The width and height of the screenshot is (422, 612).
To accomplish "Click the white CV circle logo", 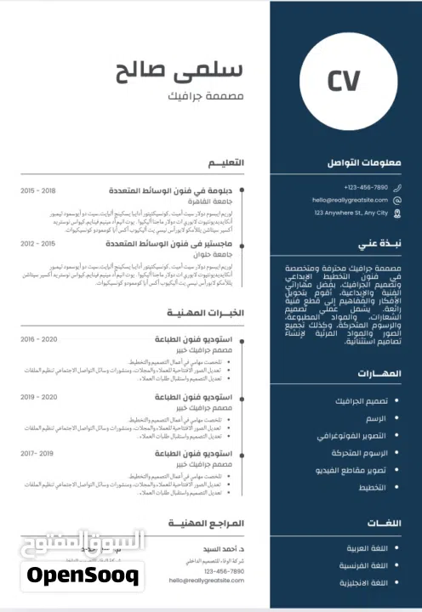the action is coord(344,80).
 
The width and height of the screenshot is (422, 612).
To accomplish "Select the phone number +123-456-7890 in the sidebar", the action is coord(366,187).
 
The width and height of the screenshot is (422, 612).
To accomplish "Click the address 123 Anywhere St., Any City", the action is coord(351,212).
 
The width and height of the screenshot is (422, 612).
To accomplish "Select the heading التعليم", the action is coord(227,162).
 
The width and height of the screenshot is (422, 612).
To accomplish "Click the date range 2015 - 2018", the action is coord(38,191).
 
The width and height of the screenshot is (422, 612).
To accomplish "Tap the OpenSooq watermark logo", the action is coord(83,575).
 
